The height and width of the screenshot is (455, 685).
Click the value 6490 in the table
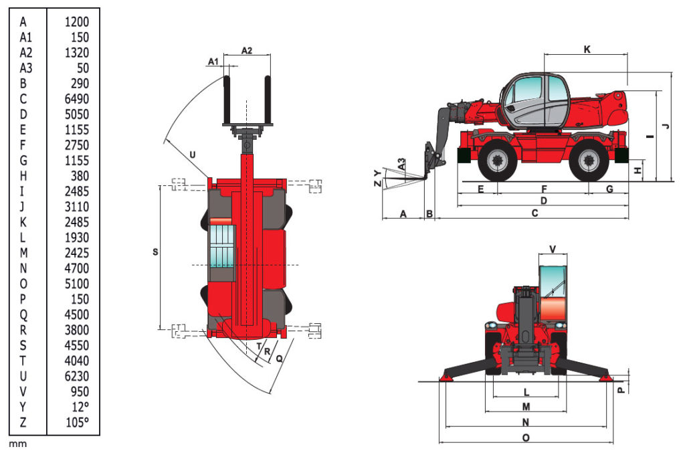pos(76,99)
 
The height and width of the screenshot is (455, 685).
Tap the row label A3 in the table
pos(26,68)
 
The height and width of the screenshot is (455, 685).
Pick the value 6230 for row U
pos(76,376)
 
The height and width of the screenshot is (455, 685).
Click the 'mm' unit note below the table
pos(18,444)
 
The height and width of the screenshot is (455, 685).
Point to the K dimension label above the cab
pos(587,50)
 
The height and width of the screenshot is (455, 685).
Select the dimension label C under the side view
pos(534,213)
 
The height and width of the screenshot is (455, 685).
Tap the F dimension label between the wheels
pos(544,189)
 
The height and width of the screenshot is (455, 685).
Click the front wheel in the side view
pos(497,161)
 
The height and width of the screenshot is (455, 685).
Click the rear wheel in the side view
pos(589,161)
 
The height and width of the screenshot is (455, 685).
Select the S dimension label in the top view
pos(155,252)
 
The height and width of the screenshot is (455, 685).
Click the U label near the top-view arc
pos(193,155)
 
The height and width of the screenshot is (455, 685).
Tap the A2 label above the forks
pos(246,51)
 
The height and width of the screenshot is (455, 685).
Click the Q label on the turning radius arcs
pos(279,359)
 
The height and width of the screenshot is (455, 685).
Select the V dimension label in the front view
pos(553,249)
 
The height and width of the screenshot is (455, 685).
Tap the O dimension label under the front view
pos(526,438)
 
